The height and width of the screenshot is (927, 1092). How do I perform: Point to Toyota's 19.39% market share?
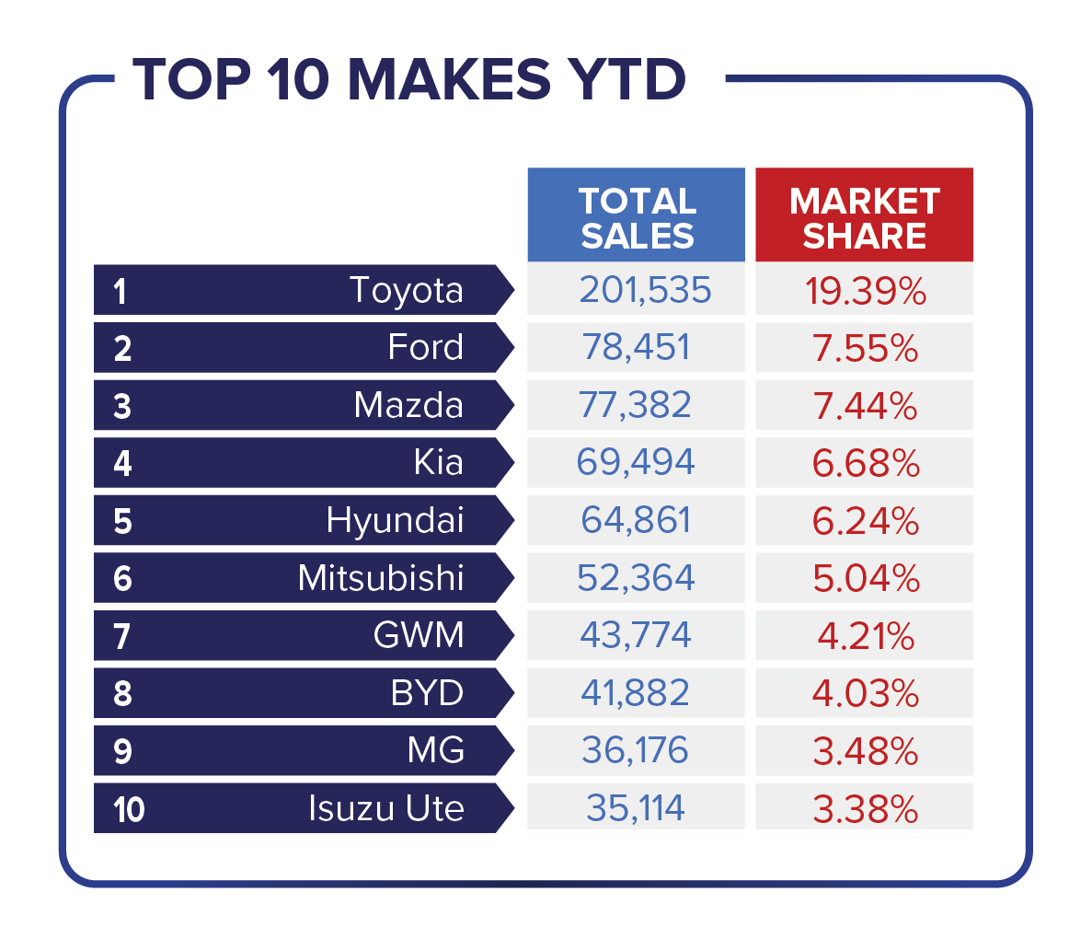click(x=864, y=290)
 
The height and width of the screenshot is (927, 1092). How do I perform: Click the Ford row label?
click(x=425, y=347)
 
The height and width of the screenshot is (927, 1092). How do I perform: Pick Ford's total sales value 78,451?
click(x=636, y=347)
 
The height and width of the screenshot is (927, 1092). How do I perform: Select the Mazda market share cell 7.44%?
click(x=864, y=405)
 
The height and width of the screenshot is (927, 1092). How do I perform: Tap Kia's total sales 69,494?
click(x=636, y=462)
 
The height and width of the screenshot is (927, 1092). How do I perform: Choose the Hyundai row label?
click(x=395, y=520)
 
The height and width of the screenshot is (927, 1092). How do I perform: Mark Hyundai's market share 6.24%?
click(x=864, y=520)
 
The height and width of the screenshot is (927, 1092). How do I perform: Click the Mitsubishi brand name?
click(x=381, y=578)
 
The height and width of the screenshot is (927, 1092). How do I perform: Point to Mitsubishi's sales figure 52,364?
click(x=636, y=578)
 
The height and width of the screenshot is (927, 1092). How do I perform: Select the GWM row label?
click(x=419, y=635)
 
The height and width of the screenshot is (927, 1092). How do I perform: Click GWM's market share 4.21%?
click(x=864, y=635)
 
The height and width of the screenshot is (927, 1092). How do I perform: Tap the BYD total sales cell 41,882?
click(x=636, y=693)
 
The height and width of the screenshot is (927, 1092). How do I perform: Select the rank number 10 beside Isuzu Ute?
click(x=130, y=810)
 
